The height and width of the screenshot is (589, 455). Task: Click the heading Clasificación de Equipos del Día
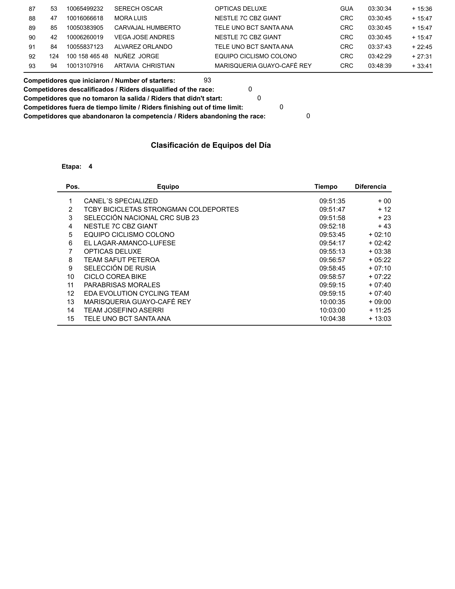211,145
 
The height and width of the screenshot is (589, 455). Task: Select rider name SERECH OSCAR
138,9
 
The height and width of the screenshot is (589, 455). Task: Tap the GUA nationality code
346,9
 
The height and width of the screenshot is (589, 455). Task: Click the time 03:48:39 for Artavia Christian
380,66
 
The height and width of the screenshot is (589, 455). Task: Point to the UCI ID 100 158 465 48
87,56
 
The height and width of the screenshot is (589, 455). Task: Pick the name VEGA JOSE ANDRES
144,37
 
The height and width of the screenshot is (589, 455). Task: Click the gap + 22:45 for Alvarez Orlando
422,47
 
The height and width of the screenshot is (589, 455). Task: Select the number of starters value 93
207,80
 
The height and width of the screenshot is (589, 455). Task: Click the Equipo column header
168,187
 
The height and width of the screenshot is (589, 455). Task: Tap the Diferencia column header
370,187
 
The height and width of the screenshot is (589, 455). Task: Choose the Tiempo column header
326,187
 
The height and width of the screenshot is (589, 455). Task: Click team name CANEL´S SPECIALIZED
121,201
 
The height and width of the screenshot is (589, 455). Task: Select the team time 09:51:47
332,210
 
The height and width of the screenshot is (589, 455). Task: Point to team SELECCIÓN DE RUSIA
120,268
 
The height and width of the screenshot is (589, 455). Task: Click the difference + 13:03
380,319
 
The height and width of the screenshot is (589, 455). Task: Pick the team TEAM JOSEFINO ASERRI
124,310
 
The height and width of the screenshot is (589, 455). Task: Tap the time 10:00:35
332,302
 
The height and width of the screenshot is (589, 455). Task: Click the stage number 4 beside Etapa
90,167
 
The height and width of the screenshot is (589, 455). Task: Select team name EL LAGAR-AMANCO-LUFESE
130,243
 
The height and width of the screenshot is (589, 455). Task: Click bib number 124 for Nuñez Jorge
54,56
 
